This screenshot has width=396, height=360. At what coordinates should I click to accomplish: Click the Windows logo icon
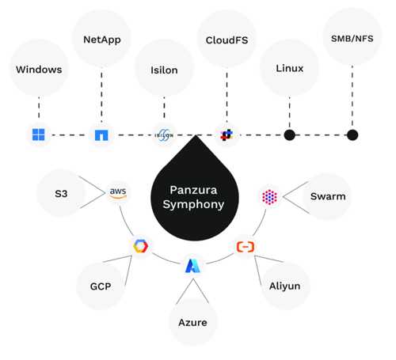(x=39, y=135)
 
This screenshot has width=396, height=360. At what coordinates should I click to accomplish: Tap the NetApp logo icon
(x=101, y=135)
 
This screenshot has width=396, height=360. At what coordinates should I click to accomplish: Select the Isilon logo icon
(x=164, y=135)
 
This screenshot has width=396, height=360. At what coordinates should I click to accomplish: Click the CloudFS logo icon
(x=227, y=135)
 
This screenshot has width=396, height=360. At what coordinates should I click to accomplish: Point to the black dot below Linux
(x=290, y=135)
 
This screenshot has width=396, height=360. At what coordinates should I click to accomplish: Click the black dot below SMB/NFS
(x=352, y=135)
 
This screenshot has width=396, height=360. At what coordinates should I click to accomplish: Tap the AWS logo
(x=118, y=193)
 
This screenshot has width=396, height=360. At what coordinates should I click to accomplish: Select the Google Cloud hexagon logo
(x=140, y=246)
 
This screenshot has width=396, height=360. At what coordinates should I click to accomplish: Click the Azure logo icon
(x=193, y=266)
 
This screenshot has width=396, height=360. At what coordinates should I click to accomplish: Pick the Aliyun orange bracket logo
(x=246, y=247)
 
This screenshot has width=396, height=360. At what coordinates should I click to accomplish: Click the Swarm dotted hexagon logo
(x=269, y=197)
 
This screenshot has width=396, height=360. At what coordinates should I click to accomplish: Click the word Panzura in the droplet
(x=193, y=190)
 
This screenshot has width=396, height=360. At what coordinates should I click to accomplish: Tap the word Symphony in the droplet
(x=193, y=204)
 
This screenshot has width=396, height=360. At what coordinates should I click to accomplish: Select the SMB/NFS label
(x=352, y=39)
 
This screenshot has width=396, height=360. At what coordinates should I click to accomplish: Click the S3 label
(x=61, y=194)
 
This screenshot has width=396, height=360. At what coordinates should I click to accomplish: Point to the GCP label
(x=101, y=286)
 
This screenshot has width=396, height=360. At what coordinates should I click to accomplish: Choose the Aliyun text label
(x=284, y=286)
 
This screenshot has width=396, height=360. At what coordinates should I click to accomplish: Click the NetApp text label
(x=102, y=40)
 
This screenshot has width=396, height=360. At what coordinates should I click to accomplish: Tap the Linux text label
(x=290, y=68)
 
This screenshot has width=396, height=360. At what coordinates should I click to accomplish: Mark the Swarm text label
(x=328, y=196)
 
